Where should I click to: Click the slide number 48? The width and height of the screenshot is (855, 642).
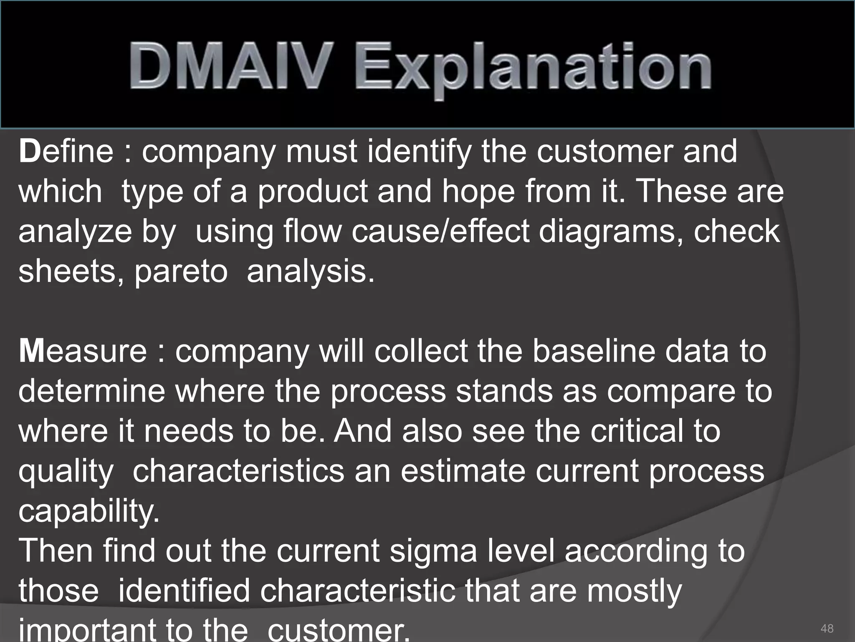point(827,628)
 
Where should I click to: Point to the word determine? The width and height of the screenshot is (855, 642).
point(92,391)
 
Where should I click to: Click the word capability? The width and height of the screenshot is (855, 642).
point(89,512)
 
